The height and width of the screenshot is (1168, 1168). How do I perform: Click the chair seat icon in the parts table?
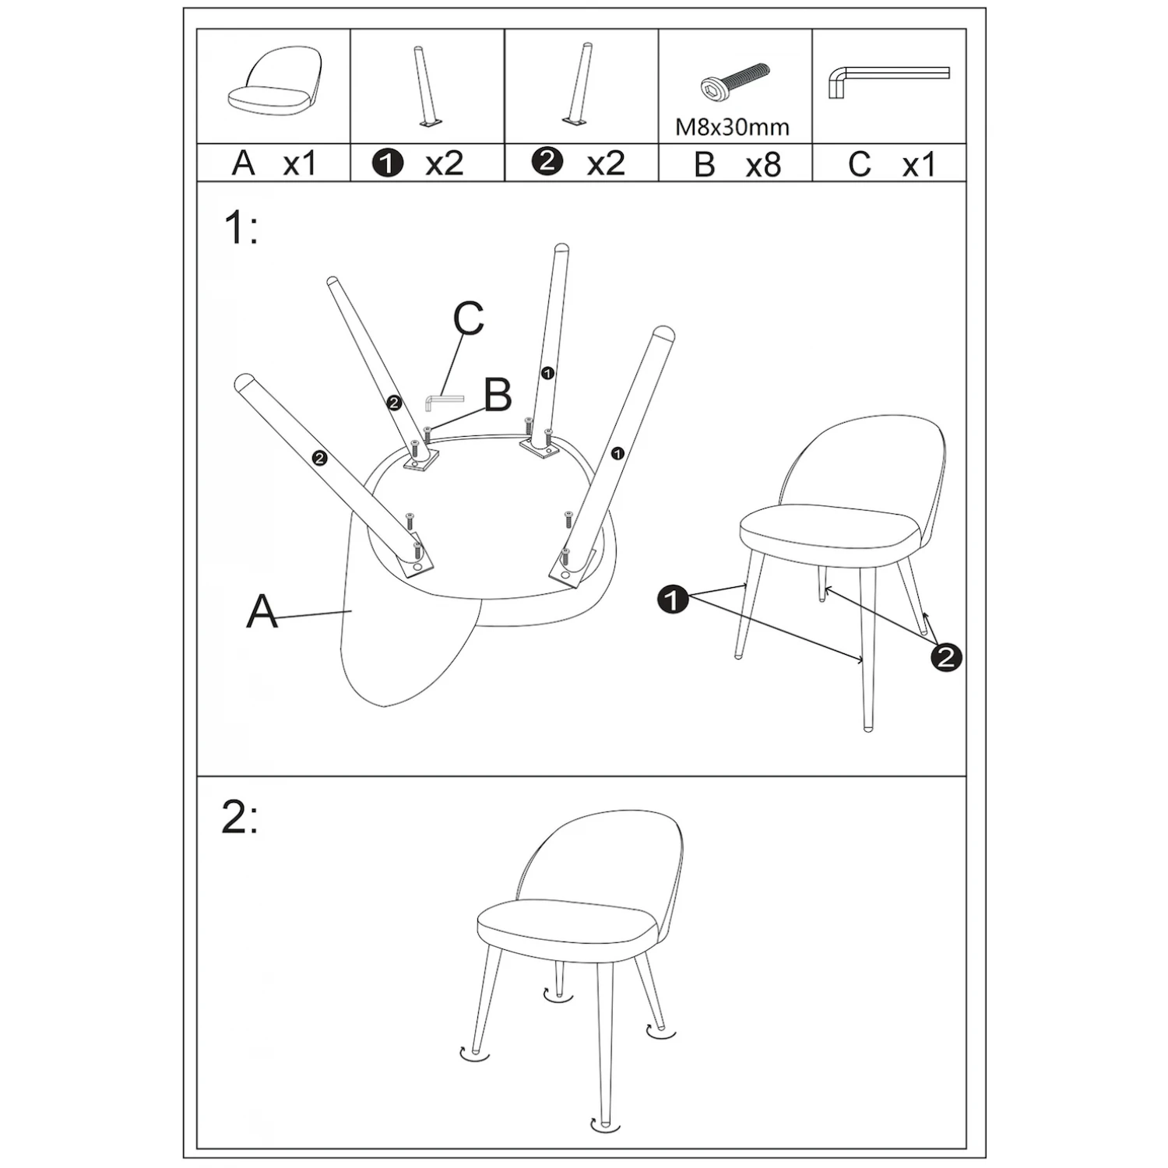click(274, 86)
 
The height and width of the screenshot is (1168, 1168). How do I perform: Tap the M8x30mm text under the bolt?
click(732, 127)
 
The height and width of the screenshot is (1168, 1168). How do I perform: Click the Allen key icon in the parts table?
click(888, 81)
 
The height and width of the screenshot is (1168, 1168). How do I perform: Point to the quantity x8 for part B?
click(762, 164)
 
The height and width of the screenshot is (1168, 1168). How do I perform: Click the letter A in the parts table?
click(244, 164)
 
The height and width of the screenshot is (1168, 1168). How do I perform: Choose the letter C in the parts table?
click(859, 164)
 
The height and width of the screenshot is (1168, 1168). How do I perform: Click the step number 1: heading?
click(241, 229)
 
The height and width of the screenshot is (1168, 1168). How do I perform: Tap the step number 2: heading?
click(240, 818)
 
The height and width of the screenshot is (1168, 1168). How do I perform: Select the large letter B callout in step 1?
click(498, 395)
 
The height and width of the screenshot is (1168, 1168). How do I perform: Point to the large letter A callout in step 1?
click(262, 611)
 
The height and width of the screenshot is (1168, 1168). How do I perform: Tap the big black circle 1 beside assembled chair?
click(673, 600)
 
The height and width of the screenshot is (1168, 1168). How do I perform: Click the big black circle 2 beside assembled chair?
click(945, 657)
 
